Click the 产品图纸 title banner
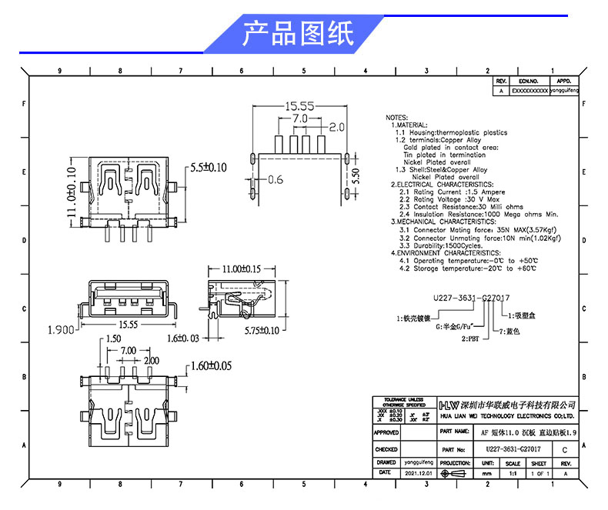[x=298, y=33]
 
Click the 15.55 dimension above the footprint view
[x=299, y=106]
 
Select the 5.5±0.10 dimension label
[x=208, y=167]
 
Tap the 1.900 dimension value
[x=62, y=331]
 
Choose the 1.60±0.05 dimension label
[x=209, y=366]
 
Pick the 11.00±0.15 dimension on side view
[x=241, y=270]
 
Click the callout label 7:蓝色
[x=511, y=332]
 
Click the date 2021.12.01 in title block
[x=419, y=475]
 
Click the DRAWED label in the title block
[x=386, y=462]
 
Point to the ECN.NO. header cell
[x=528, y=80]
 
